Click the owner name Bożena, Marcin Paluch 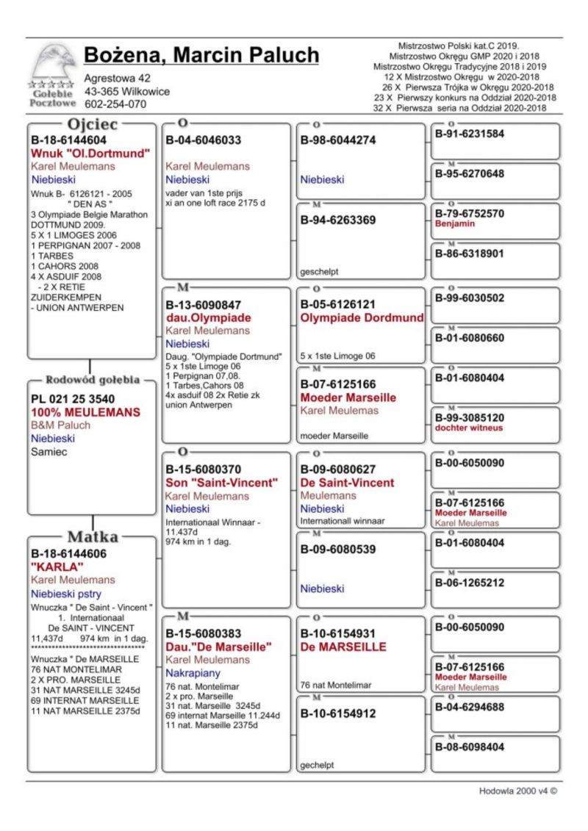pos(201,55)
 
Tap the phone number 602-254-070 pos(115,104)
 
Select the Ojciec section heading pos(93,123)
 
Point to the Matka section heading pos(93,536)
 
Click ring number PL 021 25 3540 pos(73,399)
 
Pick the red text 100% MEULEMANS pos(85,412)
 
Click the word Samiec pos(49,452)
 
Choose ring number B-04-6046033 pos(204,140)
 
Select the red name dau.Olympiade pos(208,318)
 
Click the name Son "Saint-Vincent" pos(221,483)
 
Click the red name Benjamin pos(455,224)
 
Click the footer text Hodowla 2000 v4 pos(517,791)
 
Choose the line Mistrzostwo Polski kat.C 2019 pos(459,46)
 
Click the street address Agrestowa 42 pos(118,78)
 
